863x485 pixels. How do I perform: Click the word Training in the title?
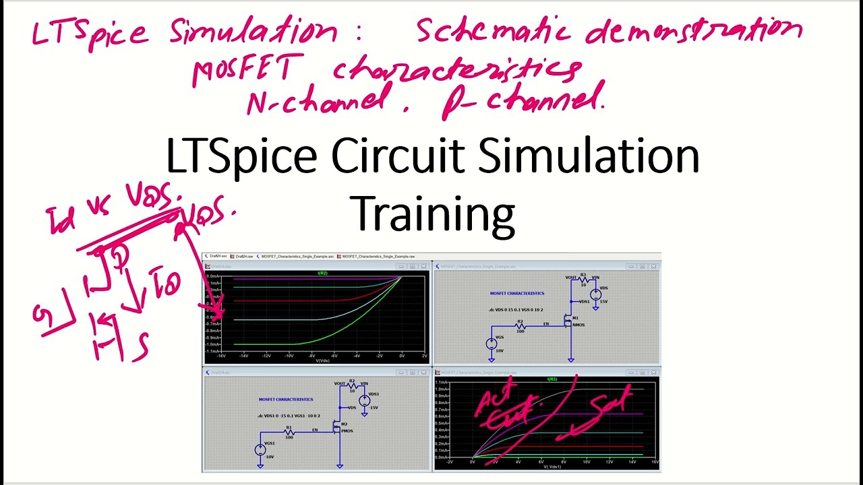434,214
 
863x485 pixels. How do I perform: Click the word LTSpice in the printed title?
241,157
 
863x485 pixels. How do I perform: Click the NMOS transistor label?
578,325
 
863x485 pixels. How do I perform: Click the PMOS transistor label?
347,431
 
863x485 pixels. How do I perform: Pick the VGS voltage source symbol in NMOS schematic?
492,344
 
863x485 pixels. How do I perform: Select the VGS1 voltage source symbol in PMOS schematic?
260,450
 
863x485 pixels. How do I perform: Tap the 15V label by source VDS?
603,302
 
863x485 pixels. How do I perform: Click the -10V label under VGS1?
270,457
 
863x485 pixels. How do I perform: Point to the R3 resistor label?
583,275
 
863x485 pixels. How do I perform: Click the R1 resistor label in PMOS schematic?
289,427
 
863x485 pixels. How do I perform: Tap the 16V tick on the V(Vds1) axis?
655,462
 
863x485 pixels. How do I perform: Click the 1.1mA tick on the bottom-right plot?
442,383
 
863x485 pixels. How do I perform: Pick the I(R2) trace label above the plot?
322,273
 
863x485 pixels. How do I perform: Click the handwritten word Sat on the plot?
610,402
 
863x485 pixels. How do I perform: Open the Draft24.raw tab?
244,257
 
